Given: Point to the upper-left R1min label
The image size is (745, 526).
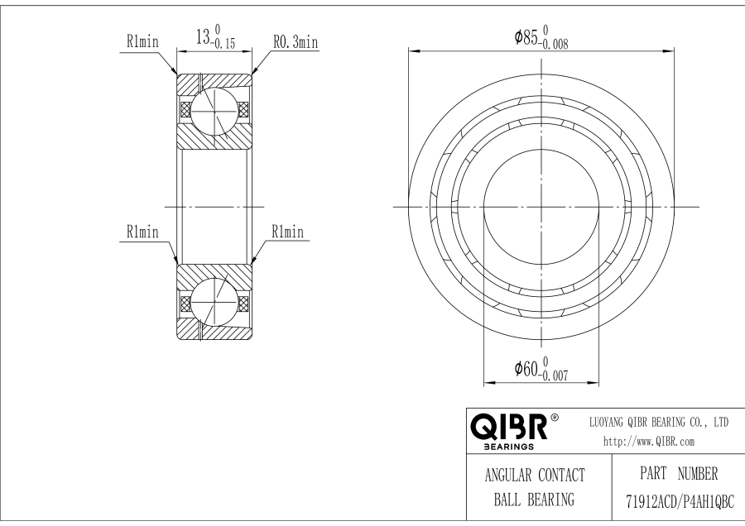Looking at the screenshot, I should click(x=142, y=42).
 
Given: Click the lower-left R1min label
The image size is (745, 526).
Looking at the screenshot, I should click(x=142, y=232).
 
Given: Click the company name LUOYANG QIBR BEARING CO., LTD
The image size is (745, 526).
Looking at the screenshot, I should click(x=658, y=423).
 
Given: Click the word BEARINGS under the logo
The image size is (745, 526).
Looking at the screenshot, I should click(x=507, y=446).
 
